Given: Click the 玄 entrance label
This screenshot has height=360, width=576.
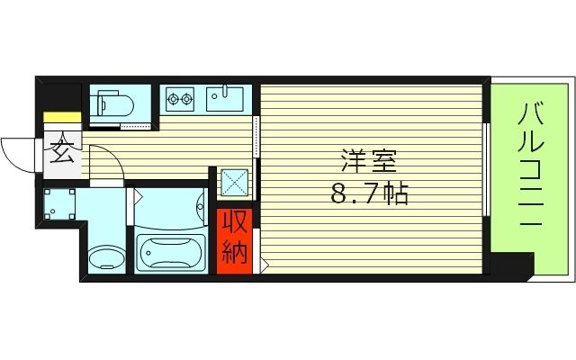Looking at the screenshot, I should [x=62, y=154].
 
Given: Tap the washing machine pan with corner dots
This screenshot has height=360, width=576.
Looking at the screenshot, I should [x=60, y=206].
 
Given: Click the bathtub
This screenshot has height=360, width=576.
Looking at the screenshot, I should [x=169, y=253].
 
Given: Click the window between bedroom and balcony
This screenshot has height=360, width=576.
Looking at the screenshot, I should [x=487, y=171].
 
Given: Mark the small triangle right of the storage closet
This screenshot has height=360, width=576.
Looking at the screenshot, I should [x=264, y=263].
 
